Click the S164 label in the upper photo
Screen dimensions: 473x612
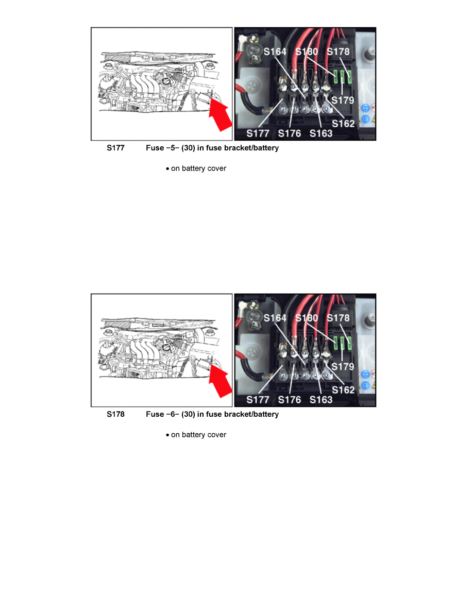(x=275, y=52)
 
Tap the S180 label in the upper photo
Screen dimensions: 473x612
(x=307, y=52)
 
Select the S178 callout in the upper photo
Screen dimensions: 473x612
(x=338, y=52)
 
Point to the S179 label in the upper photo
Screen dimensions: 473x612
(x=343, y=100)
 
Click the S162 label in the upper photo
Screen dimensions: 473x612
(x=343, y=124)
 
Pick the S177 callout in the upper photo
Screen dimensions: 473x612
(x=258, y=133)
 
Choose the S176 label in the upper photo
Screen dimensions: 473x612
(x=289, y=133)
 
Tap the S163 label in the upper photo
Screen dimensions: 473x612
(x=321, y=133)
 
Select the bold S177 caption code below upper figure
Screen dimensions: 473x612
(x=115, y=148)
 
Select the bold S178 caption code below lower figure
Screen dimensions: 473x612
(x=115, y=414)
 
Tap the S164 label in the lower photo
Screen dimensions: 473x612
(x=275, y=318)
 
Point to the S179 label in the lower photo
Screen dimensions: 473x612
(x=343, y=366)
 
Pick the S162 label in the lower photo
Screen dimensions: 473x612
(x=343, y=390)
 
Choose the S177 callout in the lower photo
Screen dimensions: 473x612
(x=258, y=400)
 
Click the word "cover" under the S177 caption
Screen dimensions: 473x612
(x=216, y=168)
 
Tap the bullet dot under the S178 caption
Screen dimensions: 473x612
(x=167, y=435)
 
